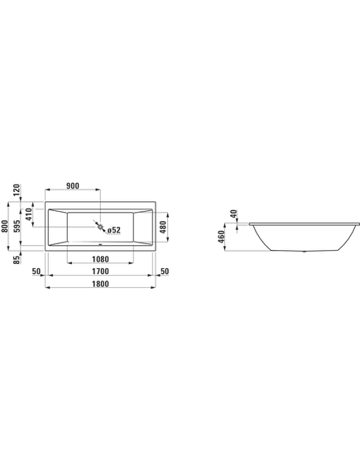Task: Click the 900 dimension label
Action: pos(73,186)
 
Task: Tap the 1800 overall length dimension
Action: pos(100,284)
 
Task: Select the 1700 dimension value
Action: pos(100,271)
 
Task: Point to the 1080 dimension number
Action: pos(100,259)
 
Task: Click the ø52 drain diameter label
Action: pos(114,230)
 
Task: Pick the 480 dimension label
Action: pos(162,228)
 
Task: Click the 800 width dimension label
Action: pos(4,226)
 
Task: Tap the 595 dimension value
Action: pos(17,226)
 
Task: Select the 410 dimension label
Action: pos(28,214)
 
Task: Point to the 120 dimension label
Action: pos(17,190)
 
